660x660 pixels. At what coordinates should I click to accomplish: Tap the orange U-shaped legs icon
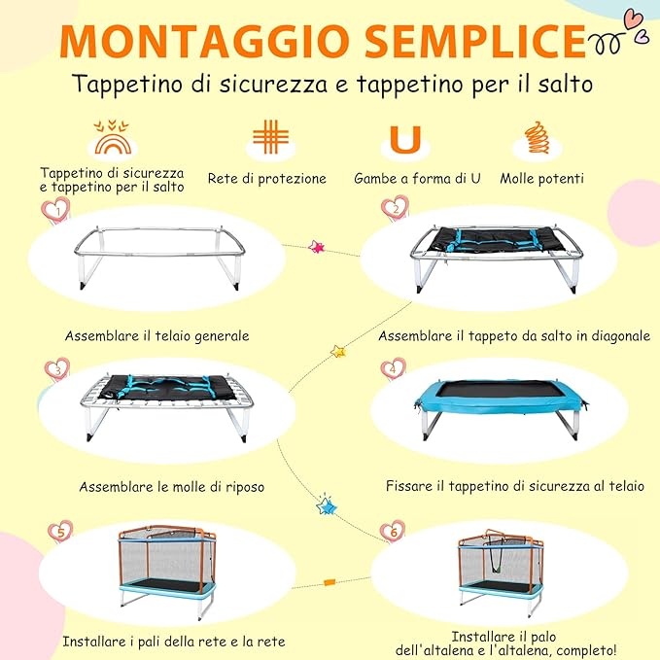(404, 139)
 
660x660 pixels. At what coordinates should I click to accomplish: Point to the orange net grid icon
(270, 136)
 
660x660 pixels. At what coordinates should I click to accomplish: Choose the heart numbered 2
(395, 208)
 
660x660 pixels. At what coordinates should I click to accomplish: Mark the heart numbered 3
(58, 369)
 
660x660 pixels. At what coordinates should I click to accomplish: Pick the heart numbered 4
(393, 368)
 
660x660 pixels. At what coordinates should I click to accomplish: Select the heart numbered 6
(393, 531)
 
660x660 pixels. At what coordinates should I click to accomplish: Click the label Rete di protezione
(267, 179)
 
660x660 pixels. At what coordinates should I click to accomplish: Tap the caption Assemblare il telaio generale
(157, 336)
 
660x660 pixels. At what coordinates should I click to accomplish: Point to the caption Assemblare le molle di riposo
(172, 486)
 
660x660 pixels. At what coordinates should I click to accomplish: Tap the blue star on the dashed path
(326, 506)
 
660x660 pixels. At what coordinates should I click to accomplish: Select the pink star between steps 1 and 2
(315, 247)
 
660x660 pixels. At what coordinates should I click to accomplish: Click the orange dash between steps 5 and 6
(329, 582)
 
